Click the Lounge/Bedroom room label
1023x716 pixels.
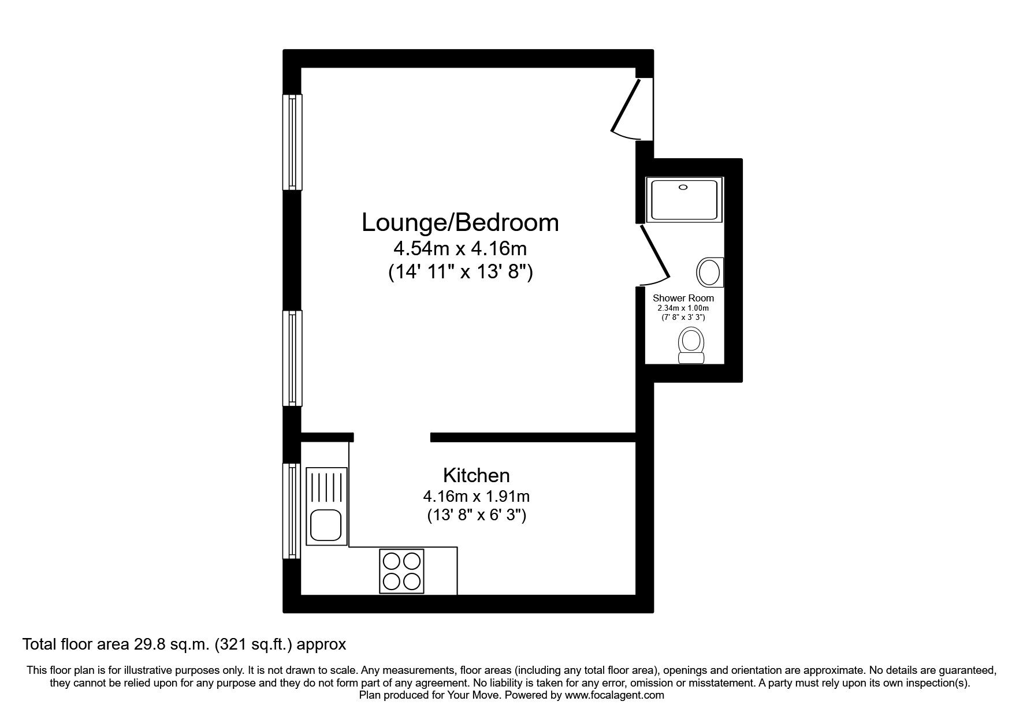tap(460, 222)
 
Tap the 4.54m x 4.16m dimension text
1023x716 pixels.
tap(460, 249)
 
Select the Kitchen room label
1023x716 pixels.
tap(477, 475)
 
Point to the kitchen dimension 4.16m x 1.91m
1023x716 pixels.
tap(477, 496)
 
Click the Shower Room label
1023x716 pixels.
tap(683, 298)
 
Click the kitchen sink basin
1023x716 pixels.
tap(326, 525)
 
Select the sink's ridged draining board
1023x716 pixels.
tap(326, 487)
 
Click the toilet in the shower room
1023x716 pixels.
tap(691, 345)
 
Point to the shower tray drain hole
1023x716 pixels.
tap(684, 187)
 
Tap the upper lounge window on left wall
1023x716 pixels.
tap(292, 142)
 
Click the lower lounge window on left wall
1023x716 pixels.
tap(292, 358)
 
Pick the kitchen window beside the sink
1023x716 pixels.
tap(292, 510)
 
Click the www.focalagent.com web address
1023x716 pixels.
tap(615, 695)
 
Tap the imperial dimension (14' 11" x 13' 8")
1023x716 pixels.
tap(460, 272)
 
